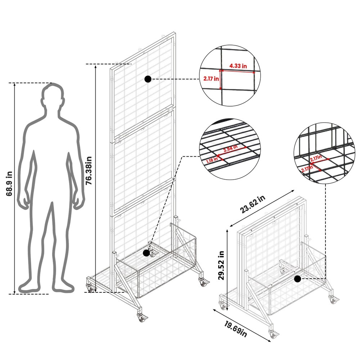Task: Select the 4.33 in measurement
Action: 239,66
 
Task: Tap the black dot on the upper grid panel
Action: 148,80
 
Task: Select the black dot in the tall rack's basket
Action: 146,253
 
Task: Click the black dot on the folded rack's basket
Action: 297,279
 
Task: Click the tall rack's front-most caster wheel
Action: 140,318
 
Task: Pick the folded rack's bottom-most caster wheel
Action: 274,335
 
